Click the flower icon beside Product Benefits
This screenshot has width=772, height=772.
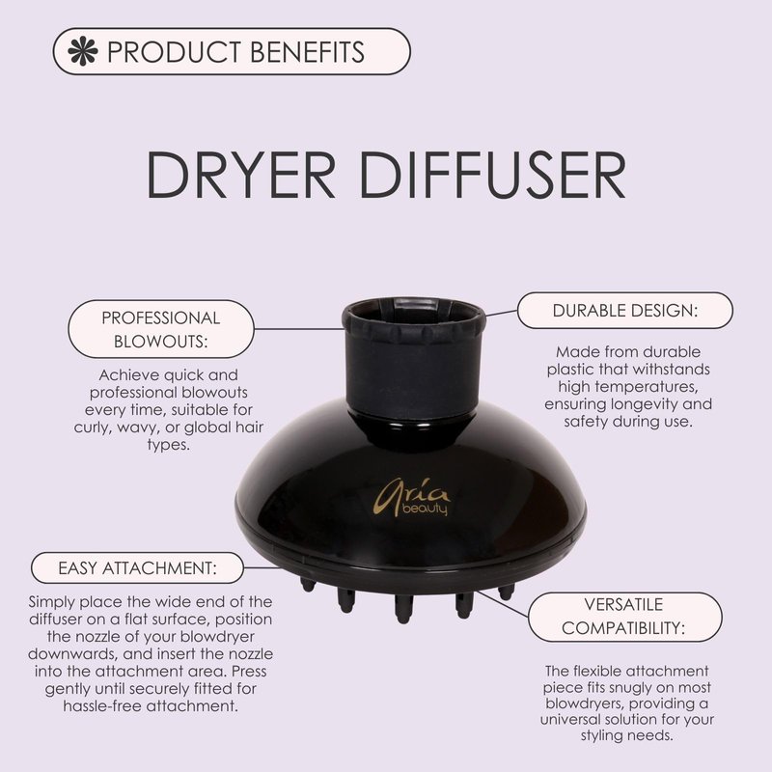pyautogui.click(x=83, y=51)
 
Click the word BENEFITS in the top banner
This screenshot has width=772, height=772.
pyautogui.click(x=307, y=52)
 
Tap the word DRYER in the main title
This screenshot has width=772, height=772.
pyautogui.click(x=240, y=175)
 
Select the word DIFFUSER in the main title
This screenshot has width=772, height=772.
pyautogui.click(x=493, y=175)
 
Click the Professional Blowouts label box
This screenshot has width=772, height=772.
pyautogui.click(x=161, y=329)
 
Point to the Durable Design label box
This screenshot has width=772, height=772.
pyautogui.click(x=624, y=310)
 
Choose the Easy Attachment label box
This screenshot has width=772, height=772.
pyautogui.click(x=137, y=567)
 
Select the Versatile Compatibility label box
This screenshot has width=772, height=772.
pyautogui.click(x=624, y=617)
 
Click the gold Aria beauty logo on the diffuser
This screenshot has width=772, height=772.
pyautogui.click(x=412, y=497)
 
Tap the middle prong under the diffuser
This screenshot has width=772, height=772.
pyautogui.click(x=403, y=609)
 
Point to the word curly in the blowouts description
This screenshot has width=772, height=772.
pyautogui.click(x=93, y=427)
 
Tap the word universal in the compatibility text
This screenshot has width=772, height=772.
pyautogui.click(x=570, y=719)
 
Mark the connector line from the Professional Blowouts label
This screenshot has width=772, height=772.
pyautogui.click(x=298, y=329)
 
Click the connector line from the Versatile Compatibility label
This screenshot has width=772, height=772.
pyautogui.click(x=503, y=604)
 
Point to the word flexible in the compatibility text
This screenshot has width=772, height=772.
pyautogui.click(x=595, y=671)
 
